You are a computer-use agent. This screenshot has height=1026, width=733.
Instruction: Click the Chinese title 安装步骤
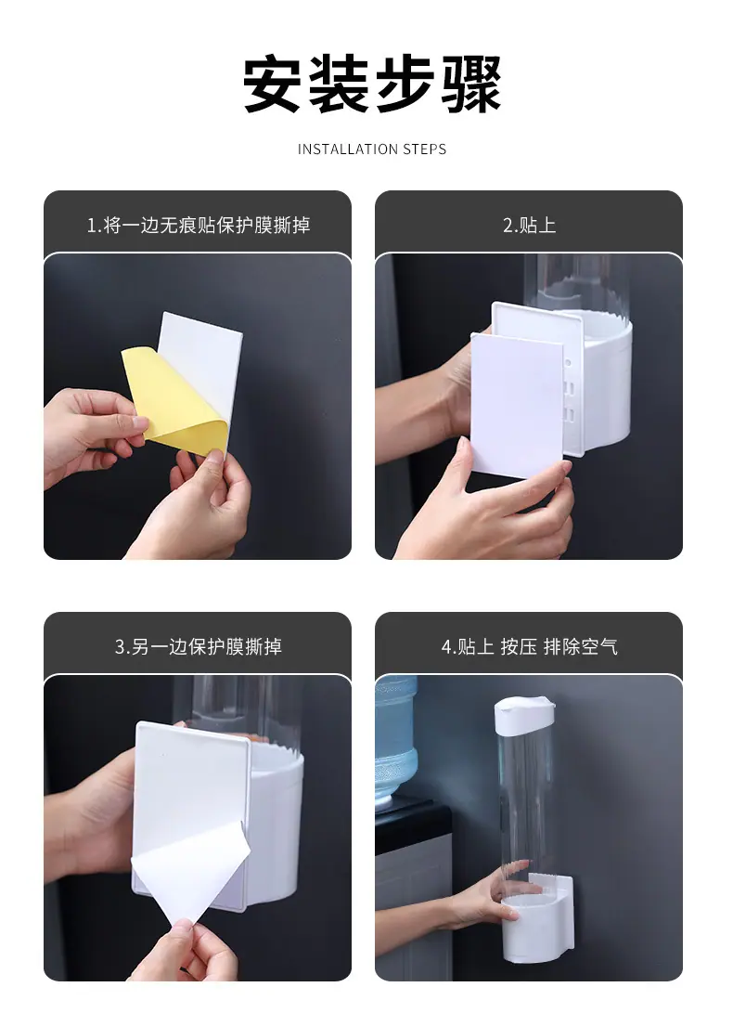(x=371, y=84)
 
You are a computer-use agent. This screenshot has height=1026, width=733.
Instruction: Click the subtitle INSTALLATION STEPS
(x=372, y=149)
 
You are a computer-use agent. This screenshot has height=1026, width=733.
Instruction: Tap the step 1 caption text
(x=199, y=225)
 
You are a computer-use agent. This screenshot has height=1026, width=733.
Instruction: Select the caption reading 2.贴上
(x=529, y=225)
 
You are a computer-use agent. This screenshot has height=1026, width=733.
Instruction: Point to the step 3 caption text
(x=199, y=646)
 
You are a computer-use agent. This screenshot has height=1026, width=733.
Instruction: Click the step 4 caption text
(x=529, y=646)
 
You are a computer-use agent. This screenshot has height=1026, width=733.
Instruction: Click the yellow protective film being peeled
(x=174, y=399)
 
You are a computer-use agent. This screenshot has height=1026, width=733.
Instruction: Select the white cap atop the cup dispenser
(x=523, y=715)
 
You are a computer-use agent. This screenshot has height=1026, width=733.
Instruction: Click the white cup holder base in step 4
(x=537, y=920)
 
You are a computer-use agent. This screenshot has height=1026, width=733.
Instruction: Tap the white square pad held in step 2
(x=517, y=406)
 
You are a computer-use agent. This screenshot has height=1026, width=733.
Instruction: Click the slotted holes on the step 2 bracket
(x=568, y=400)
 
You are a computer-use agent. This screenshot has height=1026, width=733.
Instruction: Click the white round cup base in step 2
(x=605, y=380)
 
